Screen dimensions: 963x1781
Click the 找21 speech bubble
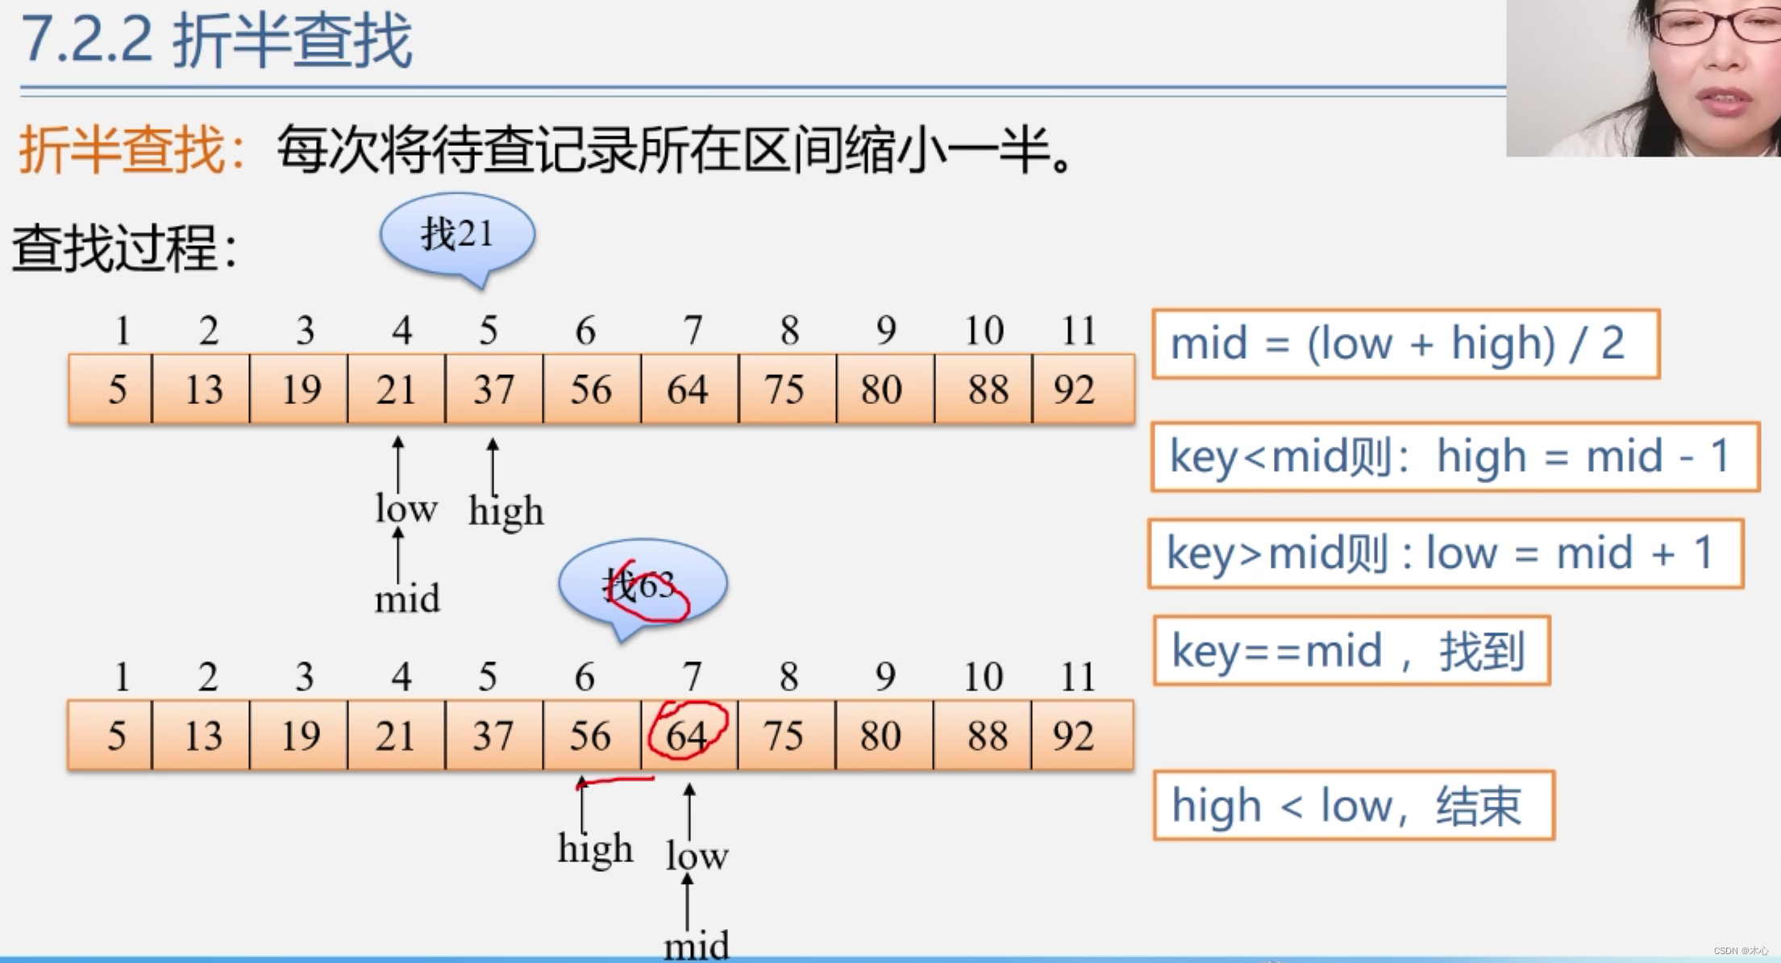point(457,235)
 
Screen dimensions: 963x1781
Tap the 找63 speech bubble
point(643,582)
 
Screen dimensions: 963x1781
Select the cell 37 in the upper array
point(493,390)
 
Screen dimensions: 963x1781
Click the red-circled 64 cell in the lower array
point(688,735)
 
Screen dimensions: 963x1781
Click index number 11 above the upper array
point(1079,330)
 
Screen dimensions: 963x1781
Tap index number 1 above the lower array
point(123,676)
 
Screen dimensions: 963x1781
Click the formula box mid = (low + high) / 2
point(1405,344)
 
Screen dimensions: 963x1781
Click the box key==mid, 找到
point(1351,651)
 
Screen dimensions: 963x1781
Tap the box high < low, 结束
point(1353,806)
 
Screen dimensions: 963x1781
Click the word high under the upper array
point(506,512)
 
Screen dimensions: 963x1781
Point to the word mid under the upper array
point(407,599)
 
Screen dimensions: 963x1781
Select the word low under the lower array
point(697,855)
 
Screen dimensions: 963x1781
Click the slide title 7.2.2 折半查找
point(216,40)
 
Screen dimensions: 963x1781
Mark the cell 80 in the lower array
point(880,735)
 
